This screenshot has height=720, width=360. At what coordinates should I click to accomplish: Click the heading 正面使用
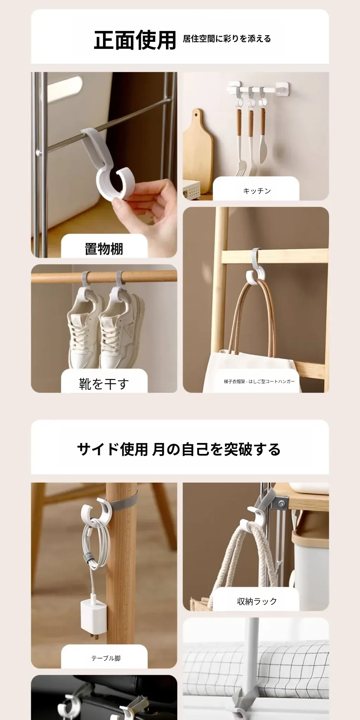click(x=135, y=40)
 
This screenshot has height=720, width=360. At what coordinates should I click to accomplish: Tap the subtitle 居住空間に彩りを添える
click(x=227, y=39)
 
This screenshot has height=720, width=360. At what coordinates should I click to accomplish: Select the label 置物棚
click(x=104, y=249)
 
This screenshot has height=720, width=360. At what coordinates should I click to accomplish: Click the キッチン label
click(x=257, y=191)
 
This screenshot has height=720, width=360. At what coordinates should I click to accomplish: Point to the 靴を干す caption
click(x=104, y=384)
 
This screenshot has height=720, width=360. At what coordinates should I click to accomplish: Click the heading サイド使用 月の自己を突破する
click(x=179, y=449)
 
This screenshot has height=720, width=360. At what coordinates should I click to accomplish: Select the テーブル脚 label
click(x=106, y=658)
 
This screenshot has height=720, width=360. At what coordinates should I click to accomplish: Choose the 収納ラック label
click(x=257, y=602)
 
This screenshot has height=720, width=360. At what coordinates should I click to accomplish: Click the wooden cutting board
click(x=198, y=151)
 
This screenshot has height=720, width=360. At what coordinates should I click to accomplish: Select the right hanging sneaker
click(x=121, y=330)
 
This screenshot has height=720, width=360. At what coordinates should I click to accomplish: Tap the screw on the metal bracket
click(x=282, y=504)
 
